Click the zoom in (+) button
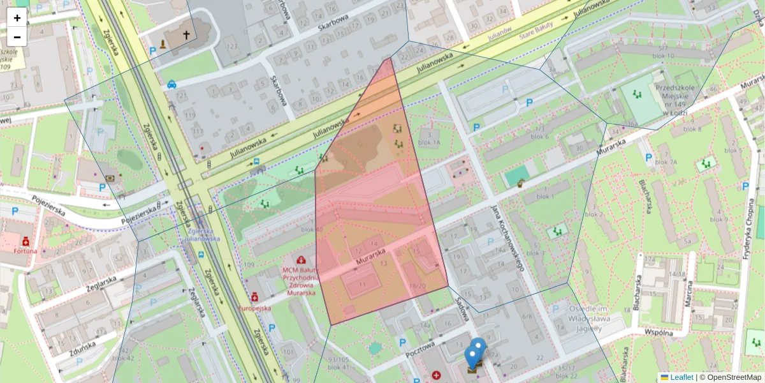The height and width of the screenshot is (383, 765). [x=17, y=18]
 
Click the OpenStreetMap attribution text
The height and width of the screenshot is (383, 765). [x=733, y=377]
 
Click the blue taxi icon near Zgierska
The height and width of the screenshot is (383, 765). [x=171, y=84]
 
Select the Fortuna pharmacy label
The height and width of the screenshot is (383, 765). [x=25, y=251]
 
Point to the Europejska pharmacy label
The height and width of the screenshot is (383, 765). [x=254, y=308]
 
